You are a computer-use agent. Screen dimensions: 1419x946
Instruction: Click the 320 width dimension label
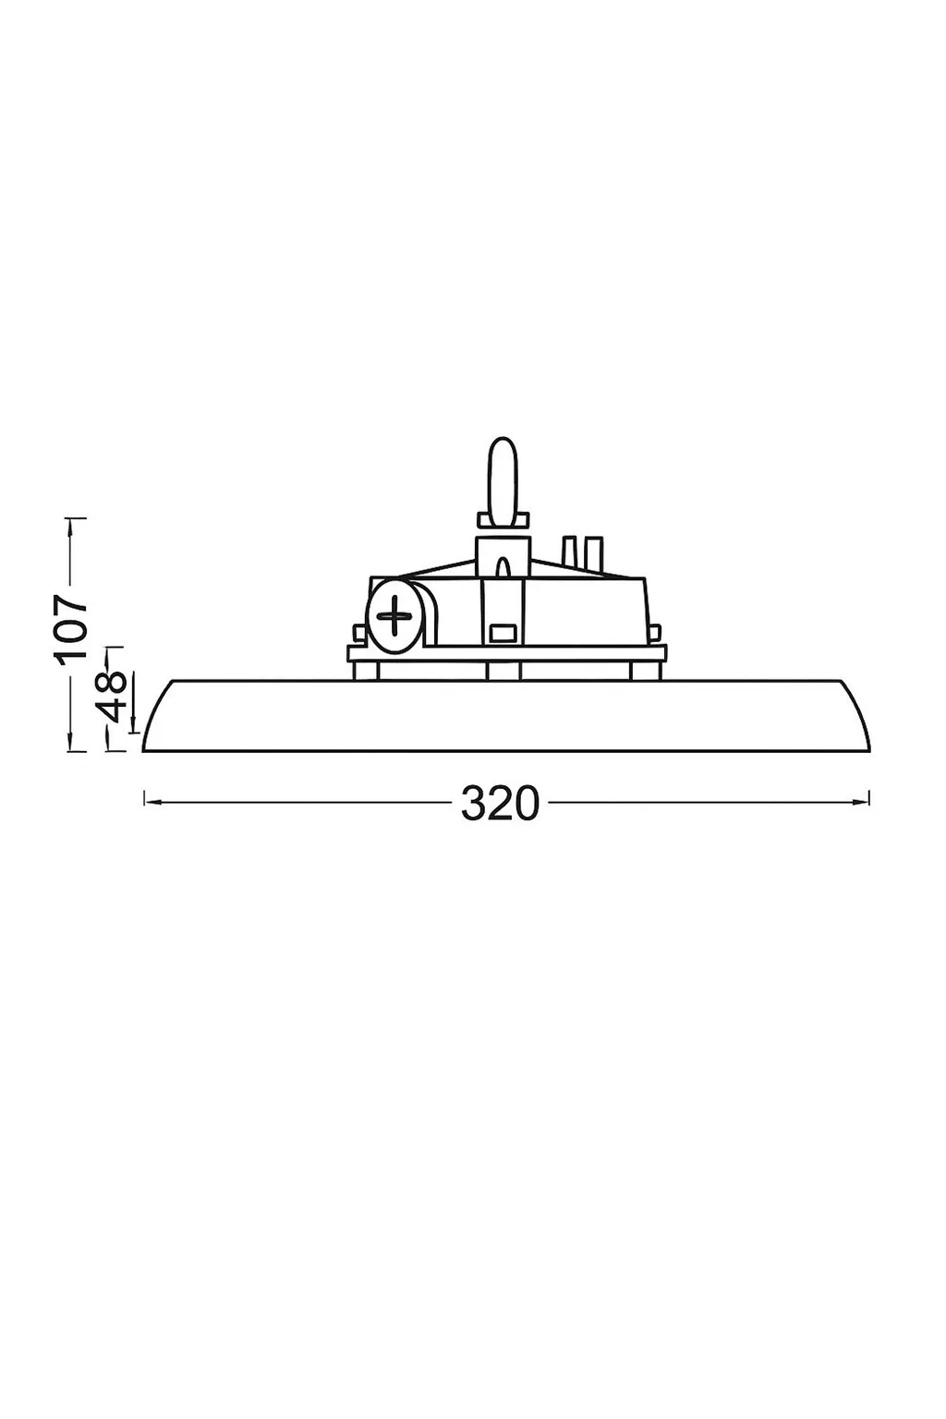tap(499, 803)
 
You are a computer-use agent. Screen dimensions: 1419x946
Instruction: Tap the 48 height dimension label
tap(114, 698)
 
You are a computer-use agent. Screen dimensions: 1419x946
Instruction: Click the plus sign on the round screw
tap(395, 615)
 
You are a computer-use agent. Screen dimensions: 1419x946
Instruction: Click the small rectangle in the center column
tap(502, 633)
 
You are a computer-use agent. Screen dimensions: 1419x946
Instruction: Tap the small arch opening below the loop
tap(503, 568)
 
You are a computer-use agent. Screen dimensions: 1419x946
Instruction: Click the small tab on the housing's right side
tap(655, 633)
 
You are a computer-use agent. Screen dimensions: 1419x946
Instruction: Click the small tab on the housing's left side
tap(357, 632)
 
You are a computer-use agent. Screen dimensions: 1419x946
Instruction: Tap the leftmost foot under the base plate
tap(366, 672)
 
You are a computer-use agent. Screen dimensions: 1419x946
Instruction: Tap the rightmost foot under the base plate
tap(648, 672)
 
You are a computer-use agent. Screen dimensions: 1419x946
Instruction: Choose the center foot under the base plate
tap(503, 672)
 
